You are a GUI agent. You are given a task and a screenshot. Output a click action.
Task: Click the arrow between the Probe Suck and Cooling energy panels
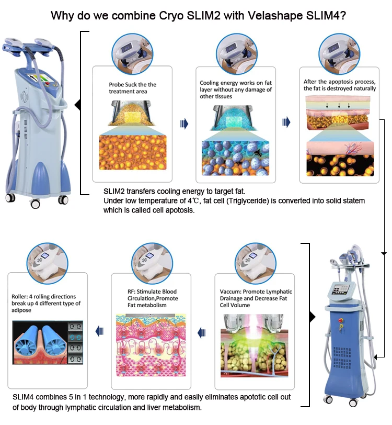point(183,123)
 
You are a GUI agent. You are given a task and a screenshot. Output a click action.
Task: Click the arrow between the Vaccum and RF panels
point(201,330)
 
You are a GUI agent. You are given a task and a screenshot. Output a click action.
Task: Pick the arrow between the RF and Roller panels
point(98,330)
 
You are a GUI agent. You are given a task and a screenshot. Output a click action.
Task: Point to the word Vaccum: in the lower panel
point(233,292)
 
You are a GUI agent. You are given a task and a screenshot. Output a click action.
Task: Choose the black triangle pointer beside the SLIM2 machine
point(78,107)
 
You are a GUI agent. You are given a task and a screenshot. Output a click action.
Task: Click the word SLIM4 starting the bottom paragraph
point(24,398)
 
